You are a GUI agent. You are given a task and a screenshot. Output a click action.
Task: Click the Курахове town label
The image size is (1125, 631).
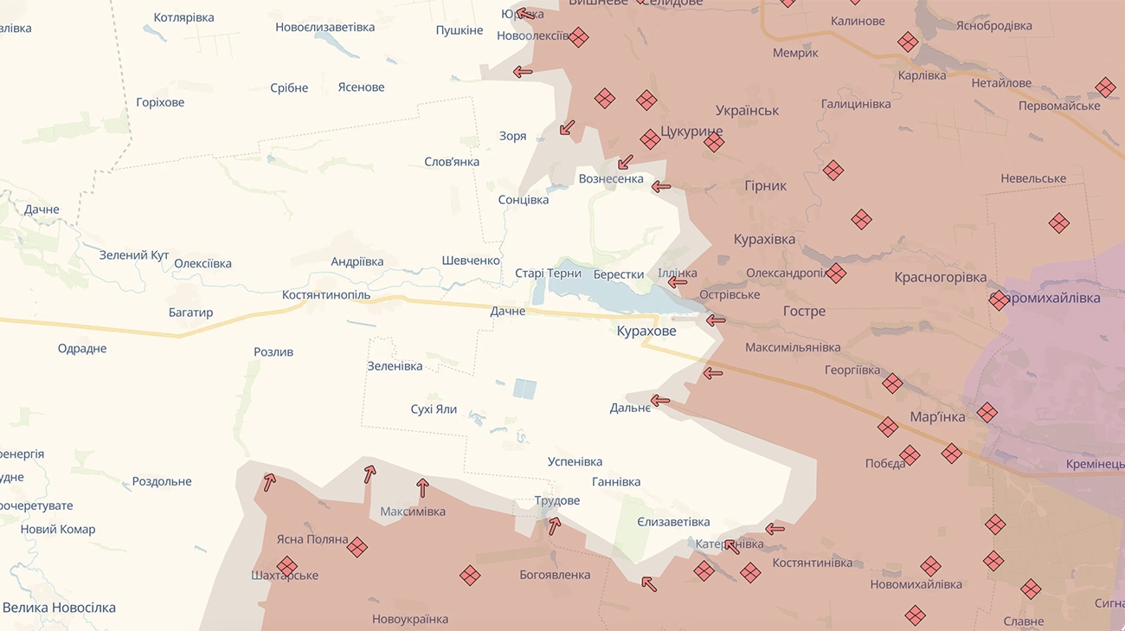coord(646,331)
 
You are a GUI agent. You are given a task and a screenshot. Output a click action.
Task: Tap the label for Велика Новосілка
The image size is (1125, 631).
coord(59,608)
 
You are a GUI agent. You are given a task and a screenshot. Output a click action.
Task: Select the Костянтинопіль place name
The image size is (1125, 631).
coord(326,295)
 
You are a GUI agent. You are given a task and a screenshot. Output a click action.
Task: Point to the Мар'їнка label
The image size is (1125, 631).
coord(937,417)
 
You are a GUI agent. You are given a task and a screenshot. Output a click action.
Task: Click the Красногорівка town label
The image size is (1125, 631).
coord(941,278)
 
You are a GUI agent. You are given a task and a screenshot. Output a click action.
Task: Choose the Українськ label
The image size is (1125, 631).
coord(748,111)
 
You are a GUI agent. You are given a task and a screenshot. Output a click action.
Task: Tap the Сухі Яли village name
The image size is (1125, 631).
coord(434,409)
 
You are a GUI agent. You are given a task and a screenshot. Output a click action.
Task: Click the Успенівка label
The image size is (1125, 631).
coord(575,461)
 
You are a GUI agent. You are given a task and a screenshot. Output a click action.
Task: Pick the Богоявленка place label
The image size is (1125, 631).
coord(555,575)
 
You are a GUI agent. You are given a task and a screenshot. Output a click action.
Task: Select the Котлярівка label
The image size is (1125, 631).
coord(183,17)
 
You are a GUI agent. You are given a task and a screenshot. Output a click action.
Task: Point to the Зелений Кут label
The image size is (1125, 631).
coord(134,255)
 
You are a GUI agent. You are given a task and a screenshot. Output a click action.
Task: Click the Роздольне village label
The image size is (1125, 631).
coord(162,481)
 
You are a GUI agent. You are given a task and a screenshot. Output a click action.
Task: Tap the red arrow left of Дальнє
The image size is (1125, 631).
coord(660,401)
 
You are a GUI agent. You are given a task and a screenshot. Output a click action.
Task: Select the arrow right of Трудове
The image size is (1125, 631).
coord(554,525)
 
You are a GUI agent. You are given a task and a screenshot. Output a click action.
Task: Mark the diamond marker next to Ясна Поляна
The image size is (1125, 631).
coord(357,547)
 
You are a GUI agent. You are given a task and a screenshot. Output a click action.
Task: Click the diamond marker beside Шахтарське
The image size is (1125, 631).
coord(287,566)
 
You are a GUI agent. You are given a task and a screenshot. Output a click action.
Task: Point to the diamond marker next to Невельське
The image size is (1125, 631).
coord(1058,223)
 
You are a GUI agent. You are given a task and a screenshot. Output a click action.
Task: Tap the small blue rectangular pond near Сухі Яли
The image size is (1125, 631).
coord(524,389)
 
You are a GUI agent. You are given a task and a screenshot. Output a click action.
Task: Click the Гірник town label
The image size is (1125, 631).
coord(765,185)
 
